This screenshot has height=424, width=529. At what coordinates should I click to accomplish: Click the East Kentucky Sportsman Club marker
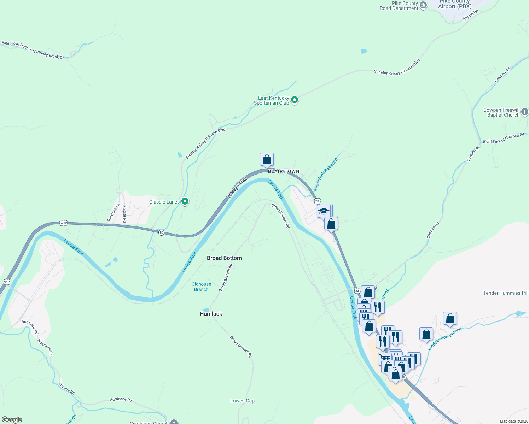(294, 100)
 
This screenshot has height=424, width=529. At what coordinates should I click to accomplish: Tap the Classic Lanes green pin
(185, 201)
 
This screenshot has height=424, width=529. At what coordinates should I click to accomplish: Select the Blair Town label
(284, 171)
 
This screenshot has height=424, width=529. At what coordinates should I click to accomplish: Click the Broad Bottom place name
(224, 258)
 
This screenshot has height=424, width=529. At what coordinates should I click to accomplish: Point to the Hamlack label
(211, 314)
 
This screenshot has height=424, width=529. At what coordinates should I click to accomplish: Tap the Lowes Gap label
(242, 401)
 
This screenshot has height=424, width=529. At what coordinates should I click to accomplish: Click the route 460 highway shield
(63, 223)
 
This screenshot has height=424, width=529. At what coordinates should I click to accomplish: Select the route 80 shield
(161, 232)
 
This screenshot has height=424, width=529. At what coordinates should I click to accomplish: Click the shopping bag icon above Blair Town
(267, 159)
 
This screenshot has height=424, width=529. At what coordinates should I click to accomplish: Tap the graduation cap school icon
(323, 211)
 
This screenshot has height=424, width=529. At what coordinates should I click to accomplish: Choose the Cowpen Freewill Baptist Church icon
(524, 112)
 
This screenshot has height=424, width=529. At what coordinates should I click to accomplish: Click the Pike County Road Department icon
(423, 6)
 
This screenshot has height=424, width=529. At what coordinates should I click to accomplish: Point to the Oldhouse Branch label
(201, 287)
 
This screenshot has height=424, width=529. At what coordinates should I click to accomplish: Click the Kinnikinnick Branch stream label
(326, 175)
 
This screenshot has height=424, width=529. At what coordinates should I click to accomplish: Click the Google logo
(12, 420)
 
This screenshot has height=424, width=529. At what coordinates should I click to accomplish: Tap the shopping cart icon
(384, 358)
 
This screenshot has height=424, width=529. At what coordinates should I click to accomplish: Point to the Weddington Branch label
(444, 339)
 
